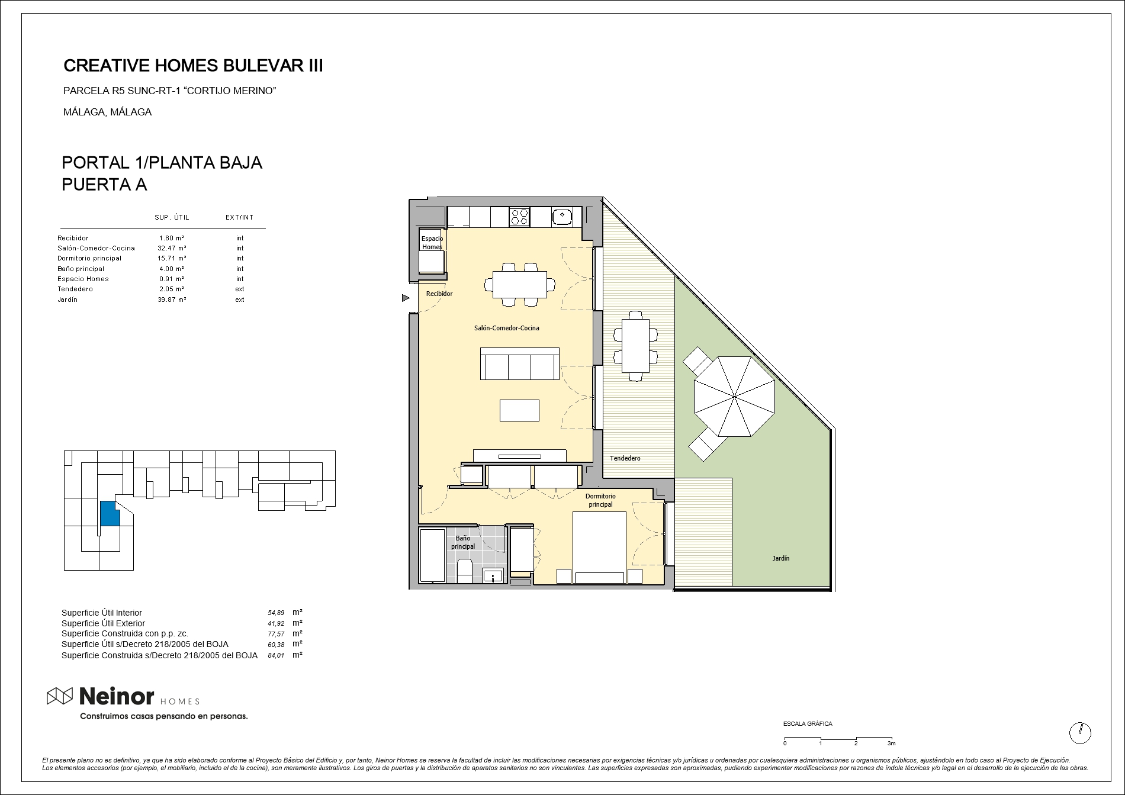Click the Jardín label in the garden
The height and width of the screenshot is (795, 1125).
click(780, 558)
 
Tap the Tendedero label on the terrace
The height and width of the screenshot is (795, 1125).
click(625, 458)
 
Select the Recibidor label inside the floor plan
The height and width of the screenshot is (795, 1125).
click(439, 294)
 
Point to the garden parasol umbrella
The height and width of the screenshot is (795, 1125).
click(734, 397)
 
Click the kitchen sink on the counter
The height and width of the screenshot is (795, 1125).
click(562, 217)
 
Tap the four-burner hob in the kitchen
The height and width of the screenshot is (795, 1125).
click(520, 217)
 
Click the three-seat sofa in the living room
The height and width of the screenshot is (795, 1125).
click(520, 363)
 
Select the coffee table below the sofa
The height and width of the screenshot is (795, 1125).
click(519, 410)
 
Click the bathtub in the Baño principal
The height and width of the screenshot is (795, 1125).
click(432, 555)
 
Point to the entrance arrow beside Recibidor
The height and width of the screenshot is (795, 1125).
click(406, 298)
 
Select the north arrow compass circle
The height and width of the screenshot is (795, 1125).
click(1080, 733)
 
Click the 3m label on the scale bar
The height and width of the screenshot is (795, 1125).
click(891, 743)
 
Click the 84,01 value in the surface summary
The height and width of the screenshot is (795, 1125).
click(277, 655)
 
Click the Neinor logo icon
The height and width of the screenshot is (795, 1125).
click(60, 697)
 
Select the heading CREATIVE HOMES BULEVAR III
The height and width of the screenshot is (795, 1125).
click(193, 66)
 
